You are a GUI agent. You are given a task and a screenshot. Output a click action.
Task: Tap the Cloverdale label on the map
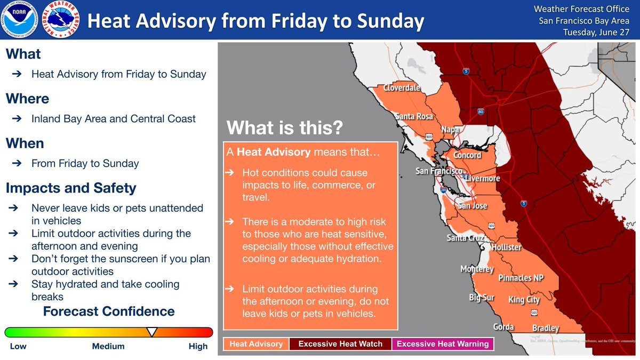click(x=402, y=88)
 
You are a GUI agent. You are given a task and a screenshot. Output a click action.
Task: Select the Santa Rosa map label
click(x=413, y=116)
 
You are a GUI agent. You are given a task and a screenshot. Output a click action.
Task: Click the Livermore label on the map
click(x=483, y=178)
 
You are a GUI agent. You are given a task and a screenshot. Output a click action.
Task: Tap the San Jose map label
click(x=472, y=206)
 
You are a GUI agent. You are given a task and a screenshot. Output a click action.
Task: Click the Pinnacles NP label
click(x=522, y=277)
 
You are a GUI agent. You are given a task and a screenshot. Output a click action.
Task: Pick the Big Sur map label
click(x=482, y=298)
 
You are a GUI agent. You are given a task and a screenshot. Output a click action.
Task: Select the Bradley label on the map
click(x=545, y=328)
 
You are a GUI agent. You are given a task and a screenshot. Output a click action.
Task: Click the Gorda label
click(x=503, y=327)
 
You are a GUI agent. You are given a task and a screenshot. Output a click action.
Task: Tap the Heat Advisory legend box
click(x=256, y=344)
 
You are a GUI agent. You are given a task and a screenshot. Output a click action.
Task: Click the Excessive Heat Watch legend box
click(x=340, y=344)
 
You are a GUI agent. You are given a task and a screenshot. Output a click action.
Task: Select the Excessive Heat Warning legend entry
click(x=443, y=344)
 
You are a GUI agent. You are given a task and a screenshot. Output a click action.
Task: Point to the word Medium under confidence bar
click(x=108, y=346)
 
